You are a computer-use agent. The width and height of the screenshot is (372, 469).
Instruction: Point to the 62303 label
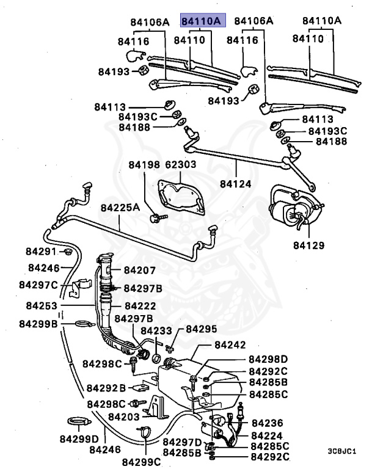click(x=180, y=165)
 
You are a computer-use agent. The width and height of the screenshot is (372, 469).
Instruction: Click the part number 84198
click(x=144, y=165)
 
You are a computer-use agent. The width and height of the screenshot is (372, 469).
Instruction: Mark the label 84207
click(x=140, y=270)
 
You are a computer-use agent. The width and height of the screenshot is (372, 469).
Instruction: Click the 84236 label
click(x=268, y=423)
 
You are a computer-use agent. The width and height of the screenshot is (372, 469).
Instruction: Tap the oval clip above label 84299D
click(x=78, y=421)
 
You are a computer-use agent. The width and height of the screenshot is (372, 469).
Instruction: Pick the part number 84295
click(x=201, y=329)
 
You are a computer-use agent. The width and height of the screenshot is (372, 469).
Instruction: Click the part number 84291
click(x=40, y=252)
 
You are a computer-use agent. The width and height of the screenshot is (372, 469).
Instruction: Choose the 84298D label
click(x=268, y=359)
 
